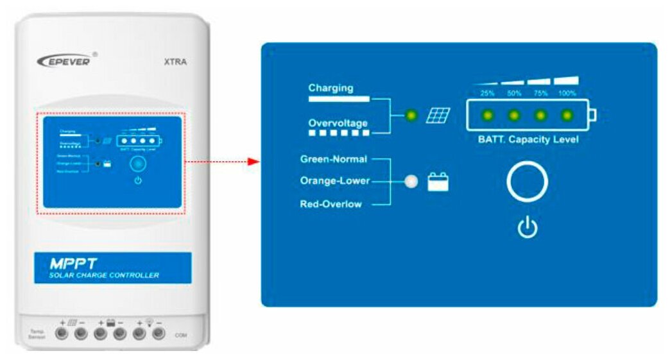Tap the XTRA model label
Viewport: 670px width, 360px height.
(176, 62)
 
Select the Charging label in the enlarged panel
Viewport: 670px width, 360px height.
(331, 88)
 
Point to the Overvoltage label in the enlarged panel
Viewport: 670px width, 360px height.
(338, 122)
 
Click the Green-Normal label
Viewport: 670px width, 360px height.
(334, 159)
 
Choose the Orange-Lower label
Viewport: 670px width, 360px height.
(335, 181)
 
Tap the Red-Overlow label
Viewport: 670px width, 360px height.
(331, 204)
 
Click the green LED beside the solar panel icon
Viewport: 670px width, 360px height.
(411, 116)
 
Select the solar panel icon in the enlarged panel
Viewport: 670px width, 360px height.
(439, 116)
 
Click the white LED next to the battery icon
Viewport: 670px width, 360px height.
(412, 182)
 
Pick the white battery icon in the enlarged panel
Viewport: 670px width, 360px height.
(439, 182)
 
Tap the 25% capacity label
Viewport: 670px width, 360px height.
(487, 94)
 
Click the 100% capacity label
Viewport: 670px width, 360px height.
(567, 94)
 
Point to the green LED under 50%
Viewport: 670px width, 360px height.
(513, 116)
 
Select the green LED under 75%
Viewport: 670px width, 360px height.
(540, 116)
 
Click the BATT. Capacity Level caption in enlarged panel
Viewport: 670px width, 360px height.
(528, 139)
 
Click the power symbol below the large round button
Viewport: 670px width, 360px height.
(528, 228)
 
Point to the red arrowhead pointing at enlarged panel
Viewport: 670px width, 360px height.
(253, 161)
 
